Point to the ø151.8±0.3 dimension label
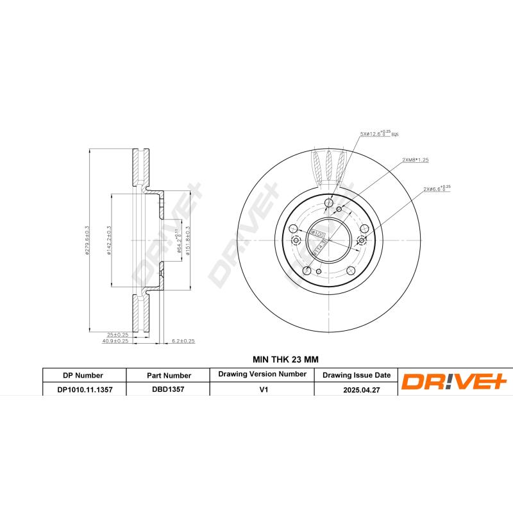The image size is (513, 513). pos(188,240)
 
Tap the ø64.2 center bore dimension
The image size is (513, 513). pos(178,240)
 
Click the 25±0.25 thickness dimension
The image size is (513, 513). pos(118,334)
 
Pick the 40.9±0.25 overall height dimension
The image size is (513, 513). pos(117,341)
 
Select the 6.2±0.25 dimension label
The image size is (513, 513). pos(183,341)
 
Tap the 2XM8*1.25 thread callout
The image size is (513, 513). pos(416,159)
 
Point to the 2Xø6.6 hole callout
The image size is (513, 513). pos(437,189)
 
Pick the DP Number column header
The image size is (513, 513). pos(83,375)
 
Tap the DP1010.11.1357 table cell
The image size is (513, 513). pos(83,389)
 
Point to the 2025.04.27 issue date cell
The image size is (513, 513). pos(356,389)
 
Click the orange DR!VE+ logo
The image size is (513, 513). pos(454,382)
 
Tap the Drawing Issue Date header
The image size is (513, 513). pos(356,375)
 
